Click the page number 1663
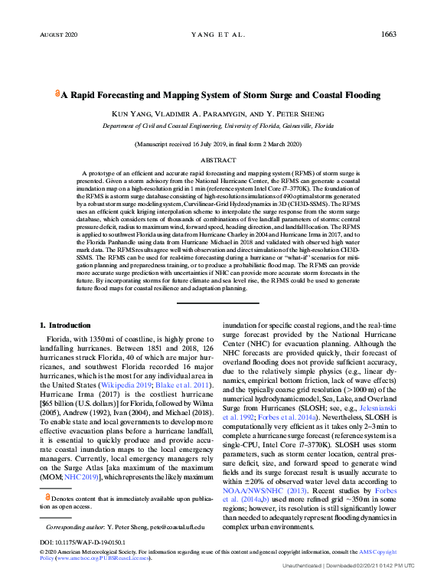pos(387,34)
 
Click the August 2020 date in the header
pos(58,35)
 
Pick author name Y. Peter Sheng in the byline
pos(290,113)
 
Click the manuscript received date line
pos(218,144)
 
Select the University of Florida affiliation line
pos(218,125)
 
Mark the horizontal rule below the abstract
pos(218,303)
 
